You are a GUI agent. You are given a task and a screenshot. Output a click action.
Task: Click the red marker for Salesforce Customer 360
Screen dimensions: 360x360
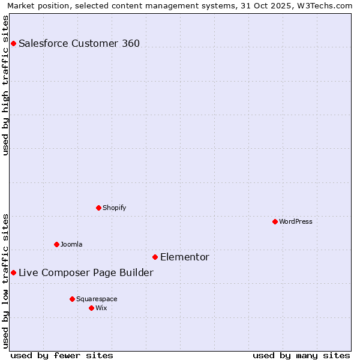pos(13,43)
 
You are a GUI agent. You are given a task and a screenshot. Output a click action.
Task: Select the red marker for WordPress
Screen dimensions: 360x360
pos(275,221)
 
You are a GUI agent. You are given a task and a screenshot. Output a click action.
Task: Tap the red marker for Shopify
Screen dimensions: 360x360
pos(98,208)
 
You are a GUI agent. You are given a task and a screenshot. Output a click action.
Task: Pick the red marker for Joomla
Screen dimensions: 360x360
pos(56,244)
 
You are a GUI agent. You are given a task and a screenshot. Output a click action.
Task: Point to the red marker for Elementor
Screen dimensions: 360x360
pos(155,257)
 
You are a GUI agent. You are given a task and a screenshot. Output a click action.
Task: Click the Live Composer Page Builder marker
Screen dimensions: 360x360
pos(13,272)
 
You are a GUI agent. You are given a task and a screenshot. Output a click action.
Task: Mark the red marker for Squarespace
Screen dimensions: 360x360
pos(72,299)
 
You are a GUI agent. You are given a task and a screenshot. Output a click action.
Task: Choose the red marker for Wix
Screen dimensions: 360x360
pos(91,308)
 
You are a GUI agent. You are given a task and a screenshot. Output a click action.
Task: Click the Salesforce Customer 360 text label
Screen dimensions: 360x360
pos(79,43)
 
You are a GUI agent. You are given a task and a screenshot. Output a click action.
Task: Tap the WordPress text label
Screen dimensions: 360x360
pos(296,221)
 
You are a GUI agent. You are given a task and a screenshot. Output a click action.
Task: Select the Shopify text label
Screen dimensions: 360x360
pos(115,208)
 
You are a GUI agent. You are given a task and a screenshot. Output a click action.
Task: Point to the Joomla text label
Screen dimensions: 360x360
pos(71,244)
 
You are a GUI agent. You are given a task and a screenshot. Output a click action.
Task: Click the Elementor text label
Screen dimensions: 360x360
pos(185,257)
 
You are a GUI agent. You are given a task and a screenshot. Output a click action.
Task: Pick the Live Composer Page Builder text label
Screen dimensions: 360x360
pos(86,272)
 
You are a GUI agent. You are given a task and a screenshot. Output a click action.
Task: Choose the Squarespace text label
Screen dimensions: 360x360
pos(97,299)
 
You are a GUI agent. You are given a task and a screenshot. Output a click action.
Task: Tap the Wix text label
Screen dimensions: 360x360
pos(101,308)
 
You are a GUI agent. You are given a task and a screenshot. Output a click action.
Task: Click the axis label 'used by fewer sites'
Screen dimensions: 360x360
pos(62,355)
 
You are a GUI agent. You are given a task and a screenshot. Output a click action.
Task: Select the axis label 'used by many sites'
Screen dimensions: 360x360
pos(301,355)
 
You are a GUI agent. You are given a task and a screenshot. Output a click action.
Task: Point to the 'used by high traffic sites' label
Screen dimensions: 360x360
pos(6,85)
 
